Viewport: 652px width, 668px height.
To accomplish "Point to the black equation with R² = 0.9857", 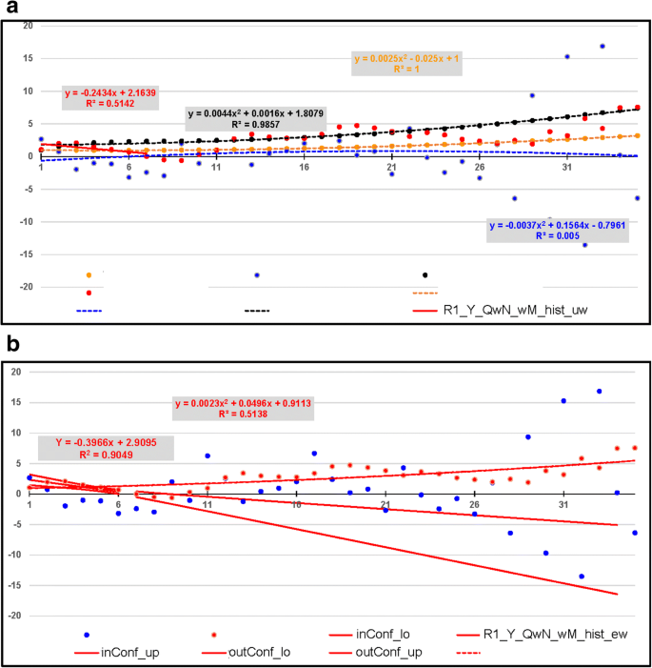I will (x=247, y=118).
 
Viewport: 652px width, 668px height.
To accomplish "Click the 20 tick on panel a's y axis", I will (x=28, y=26).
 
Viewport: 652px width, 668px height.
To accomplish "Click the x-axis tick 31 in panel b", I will (x=563, y=505).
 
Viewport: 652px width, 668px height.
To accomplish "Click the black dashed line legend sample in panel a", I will (x=257, y=311).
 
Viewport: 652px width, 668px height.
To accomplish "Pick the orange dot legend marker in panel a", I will (x=89, y=275).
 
